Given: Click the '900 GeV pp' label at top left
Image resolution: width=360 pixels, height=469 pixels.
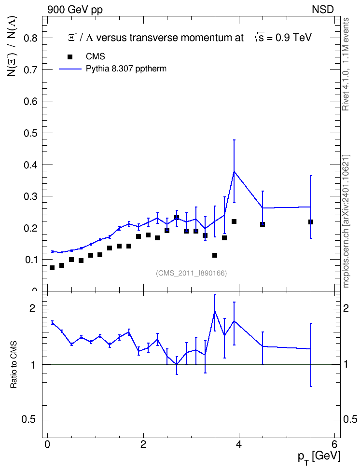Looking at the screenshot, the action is (x=75, y=10).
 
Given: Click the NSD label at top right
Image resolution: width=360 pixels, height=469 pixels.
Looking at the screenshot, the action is (x=322, y=10).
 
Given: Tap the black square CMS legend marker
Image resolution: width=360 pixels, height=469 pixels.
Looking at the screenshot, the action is (x=70, y=57).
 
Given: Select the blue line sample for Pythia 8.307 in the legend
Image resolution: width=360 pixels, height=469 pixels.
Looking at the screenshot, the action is (x=70, y=69).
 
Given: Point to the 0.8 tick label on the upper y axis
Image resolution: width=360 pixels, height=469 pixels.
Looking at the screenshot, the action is (x=31, y=38).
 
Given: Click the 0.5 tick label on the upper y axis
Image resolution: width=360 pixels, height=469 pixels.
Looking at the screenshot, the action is (x=31, y=133).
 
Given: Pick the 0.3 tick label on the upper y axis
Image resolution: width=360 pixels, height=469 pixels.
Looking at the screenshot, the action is (x=31, y=196).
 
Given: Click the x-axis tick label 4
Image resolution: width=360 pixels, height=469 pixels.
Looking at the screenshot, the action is (x=239, y=444).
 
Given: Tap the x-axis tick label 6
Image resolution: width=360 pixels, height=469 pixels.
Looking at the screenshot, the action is (x=334, y=444).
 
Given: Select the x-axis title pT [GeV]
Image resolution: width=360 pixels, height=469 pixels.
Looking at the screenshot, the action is (x=319, y=457).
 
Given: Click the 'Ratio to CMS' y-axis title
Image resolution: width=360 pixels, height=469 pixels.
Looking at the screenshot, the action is (x=14, y=364).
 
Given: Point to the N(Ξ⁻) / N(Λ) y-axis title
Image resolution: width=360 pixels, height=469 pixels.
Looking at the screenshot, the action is (x=13, y=46).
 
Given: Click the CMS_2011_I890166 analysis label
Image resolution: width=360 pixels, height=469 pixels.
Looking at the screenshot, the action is (x=191, y=273).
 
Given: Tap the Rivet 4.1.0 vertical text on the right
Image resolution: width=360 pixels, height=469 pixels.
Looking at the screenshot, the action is (x=346, y=64).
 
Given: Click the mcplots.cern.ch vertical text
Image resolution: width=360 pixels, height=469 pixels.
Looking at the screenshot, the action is (x=346, y=221).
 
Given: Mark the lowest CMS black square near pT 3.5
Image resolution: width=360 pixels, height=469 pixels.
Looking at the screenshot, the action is (x=215, y=255).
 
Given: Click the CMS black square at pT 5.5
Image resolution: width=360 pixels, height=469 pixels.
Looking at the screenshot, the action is (x=311, y=222).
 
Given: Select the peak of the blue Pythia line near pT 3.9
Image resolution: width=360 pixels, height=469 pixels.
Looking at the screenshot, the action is (x=234, y=171).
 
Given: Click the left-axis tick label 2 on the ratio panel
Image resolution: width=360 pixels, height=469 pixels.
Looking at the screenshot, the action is (x=32, y=308).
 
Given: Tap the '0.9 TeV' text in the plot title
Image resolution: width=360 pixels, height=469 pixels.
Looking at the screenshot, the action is (x=293, y=38).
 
